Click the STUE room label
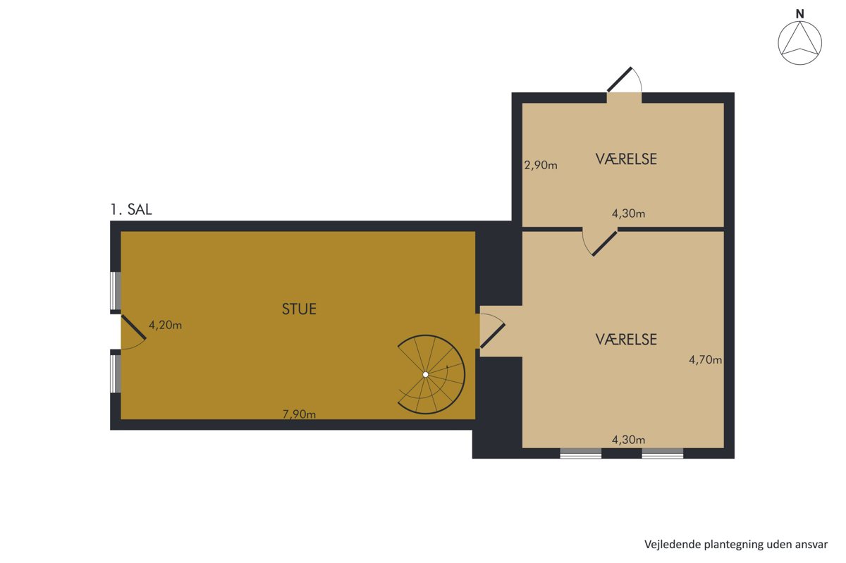[299, 309]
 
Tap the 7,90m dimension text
[299, 414]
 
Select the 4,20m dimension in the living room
[165, 325]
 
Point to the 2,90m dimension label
[541, 166]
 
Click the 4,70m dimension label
[705, 360]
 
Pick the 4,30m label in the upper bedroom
[628, 214]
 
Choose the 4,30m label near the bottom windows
[628, 440]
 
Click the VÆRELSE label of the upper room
[626, 159]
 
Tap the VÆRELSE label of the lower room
[626, 340]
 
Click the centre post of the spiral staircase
[425, 375]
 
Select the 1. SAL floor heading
[131, 209]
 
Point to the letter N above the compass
[799, 14]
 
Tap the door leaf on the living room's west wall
[133, 328]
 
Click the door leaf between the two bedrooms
[605, 244]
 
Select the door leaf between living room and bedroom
[493, 336]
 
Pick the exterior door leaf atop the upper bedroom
[620, 80]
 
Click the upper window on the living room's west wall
[116, 291]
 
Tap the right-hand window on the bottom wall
[663, 453]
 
